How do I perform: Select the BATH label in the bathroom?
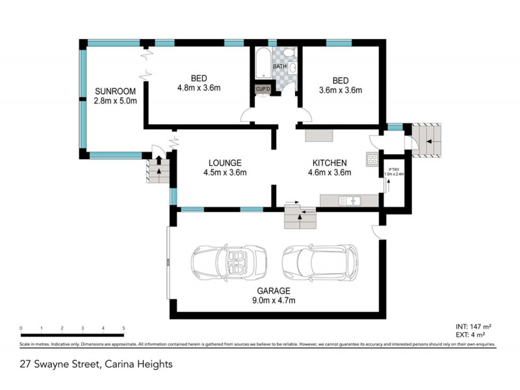click(279, 66)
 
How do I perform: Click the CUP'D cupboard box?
click(263, 89)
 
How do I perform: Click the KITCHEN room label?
click(330, 162)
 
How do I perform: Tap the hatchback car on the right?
click(319, 261)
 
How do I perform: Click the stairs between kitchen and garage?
click(300, 216)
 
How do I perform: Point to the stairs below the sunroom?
click(156, 170)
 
